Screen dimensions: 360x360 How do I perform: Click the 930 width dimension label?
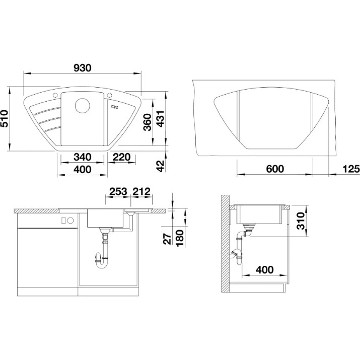[83, 68]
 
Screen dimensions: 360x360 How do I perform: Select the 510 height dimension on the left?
[5, 118]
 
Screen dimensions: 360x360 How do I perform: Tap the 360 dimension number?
[148, 122]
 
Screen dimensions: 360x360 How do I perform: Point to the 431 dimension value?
[160, 119]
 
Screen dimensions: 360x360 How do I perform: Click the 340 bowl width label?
[83, 157]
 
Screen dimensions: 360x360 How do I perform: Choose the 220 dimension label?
[122, 157]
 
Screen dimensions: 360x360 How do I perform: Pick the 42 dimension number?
[161, 166]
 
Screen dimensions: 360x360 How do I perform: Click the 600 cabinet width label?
[275, 169]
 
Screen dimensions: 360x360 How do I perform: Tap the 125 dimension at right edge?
[351, 169]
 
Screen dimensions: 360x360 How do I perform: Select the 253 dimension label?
[118, 191]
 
